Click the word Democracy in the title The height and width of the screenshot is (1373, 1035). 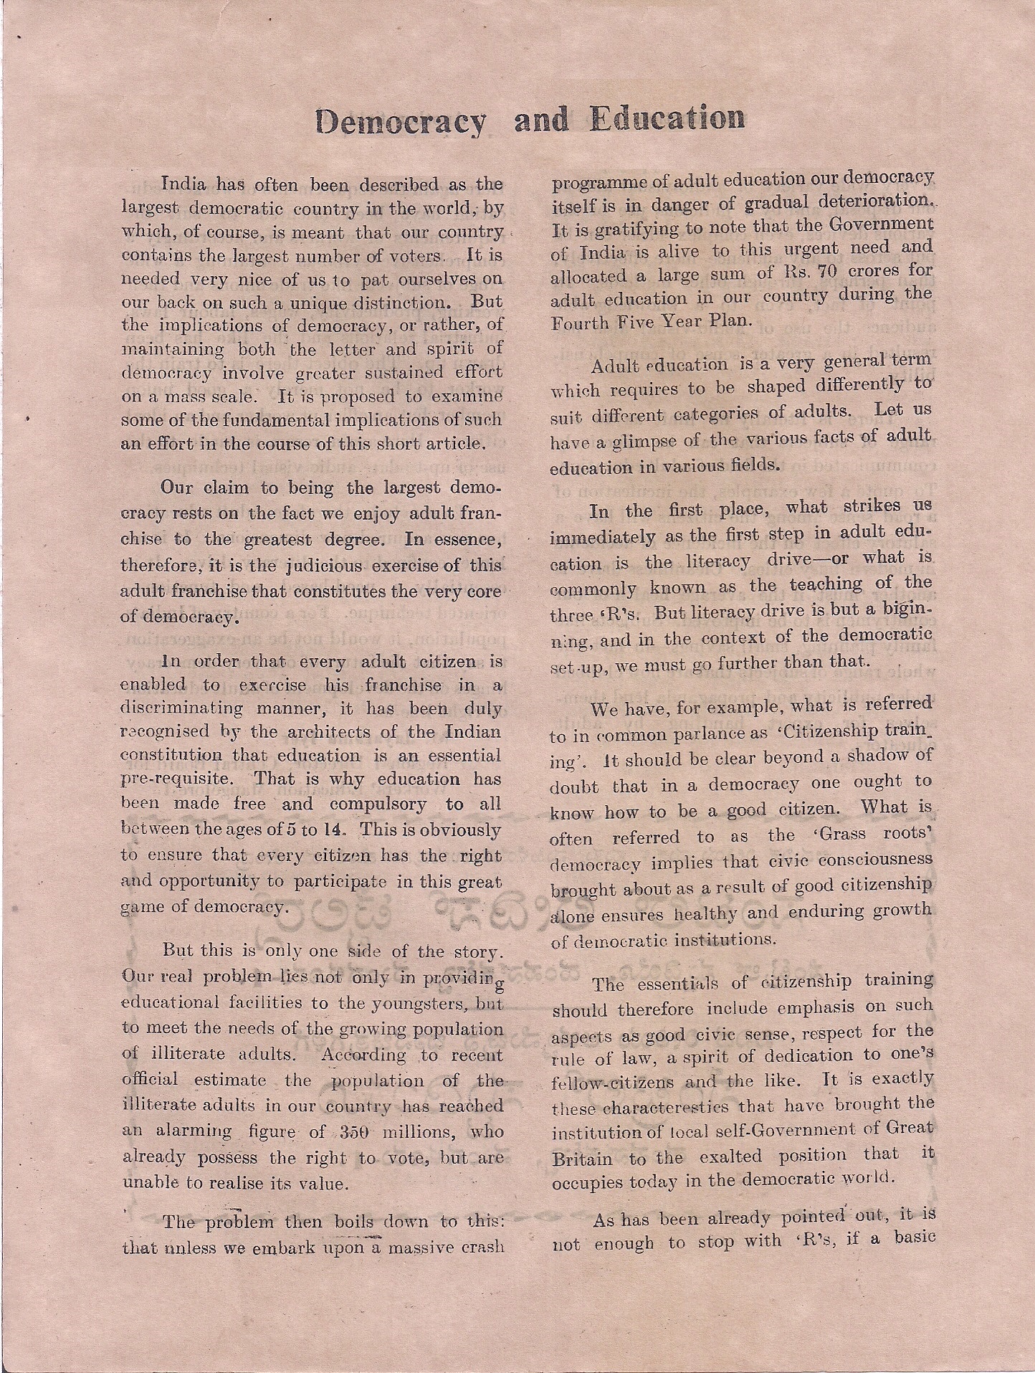point(400,120)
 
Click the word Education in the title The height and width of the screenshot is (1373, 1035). point(666,118)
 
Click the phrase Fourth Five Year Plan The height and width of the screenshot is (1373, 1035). point(651,321)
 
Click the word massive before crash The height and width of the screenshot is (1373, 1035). point(421,1247)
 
